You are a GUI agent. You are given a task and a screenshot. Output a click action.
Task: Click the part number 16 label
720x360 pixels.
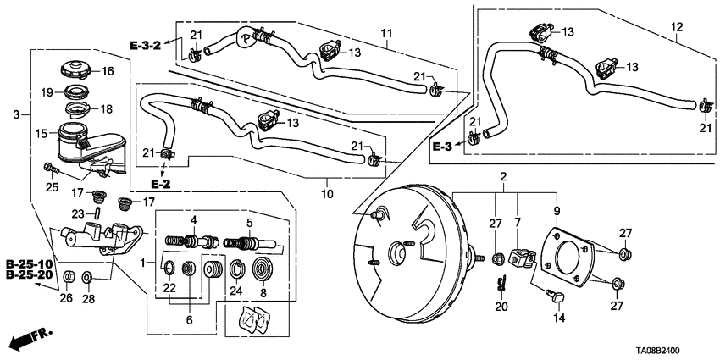pyautogui.click(x=108, y=71)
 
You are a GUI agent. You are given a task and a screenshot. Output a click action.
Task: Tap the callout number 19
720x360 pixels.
pyautogui.click(x=48, y=91)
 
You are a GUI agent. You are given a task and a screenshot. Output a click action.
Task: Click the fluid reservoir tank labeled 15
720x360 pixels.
pyautogui.click(x=70, y=141)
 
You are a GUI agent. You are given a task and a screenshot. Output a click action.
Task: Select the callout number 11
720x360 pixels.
pyautogui.click(x=387, y=33)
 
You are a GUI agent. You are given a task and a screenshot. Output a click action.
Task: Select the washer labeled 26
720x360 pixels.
pyautogui.click(x=69, y=276)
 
